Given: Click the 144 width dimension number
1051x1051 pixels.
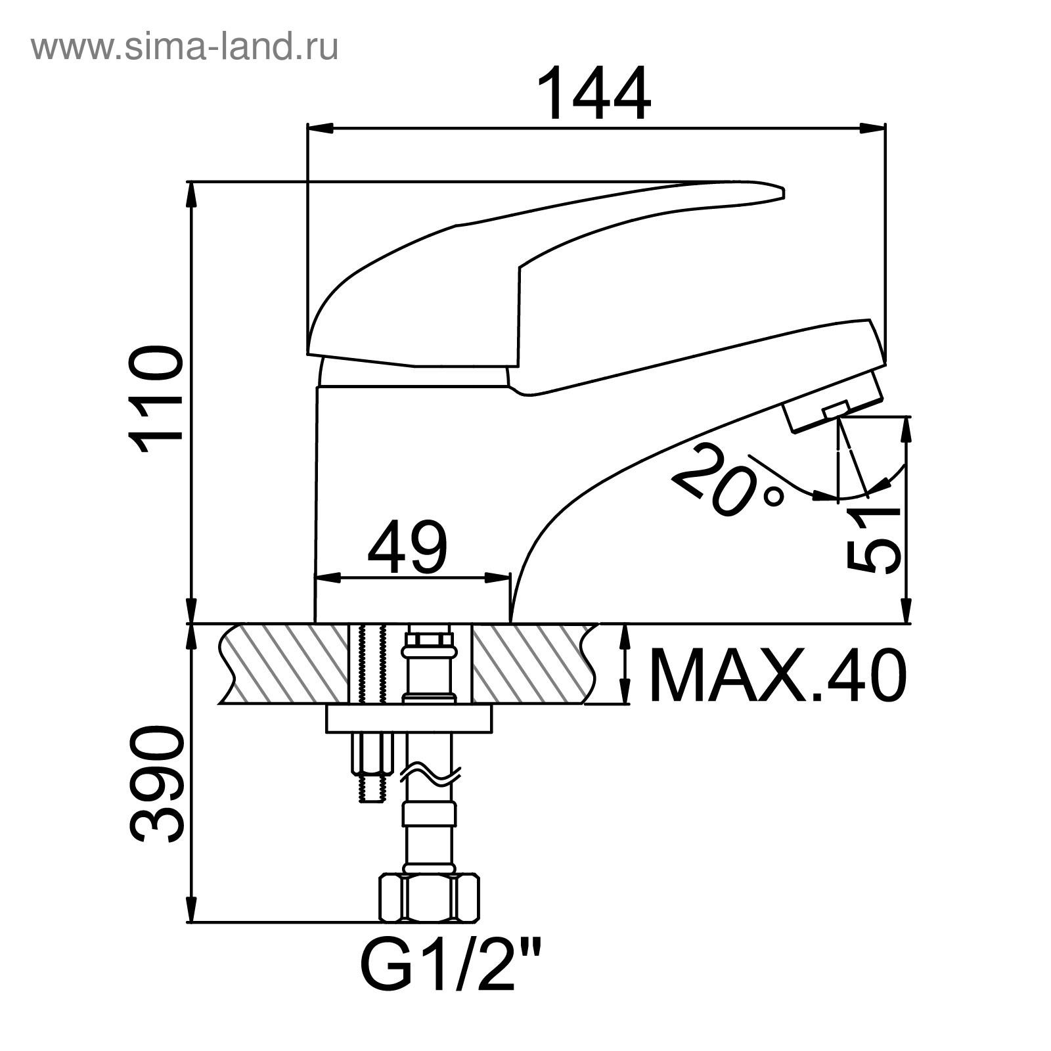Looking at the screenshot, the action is [x=594, y=94].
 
